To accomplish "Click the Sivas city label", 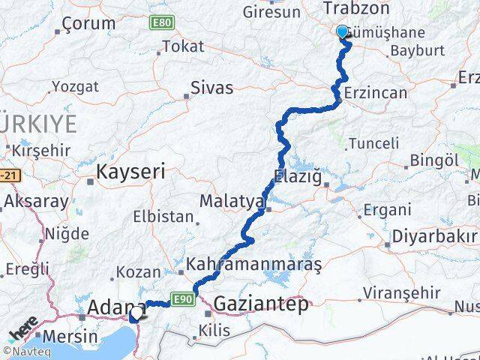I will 212,88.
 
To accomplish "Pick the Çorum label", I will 89,23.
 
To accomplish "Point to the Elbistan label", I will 163,217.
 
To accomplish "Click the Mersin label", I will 70,336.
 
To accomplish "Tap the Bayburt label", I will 418,51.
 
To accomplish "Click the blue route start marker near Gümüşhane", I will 343,31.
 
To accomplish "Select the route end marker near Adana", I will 133,316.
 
